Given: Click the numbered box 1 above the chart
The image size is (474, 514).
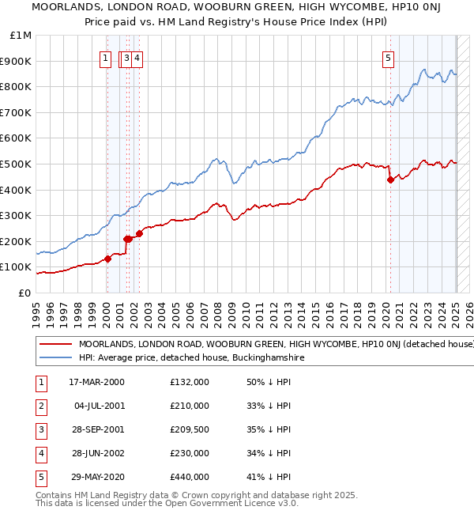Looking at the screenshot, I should [x=105, y=57].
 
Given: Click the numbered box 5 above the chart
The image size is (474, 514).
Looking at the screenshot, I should [x=389, y=57].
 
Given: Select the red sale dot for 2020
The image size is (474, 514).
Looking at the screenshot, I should [x=390, y=180].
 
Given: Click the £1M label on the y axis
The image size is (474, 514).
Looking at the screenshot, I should [x=21, y=36].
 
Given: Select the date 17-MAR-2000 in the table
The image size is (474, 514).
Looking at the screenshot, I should [x=96, y=383].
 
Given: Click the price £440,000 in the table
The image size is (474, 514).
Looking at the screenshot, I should [x=190, y=477].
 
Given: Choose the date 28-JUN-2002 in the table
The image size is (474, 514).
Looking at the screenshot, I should [x=96, y=453].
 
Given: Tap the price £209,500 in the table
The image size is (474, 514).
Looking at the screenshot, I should [x=190, y=429].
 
